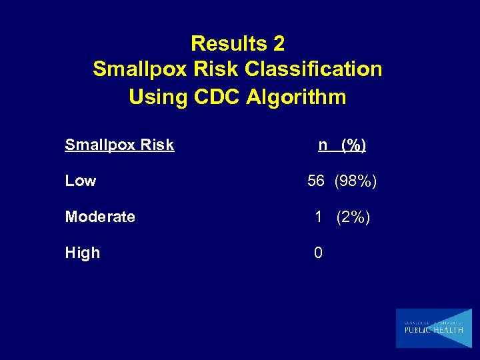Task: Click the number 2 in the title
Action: click(x=278, y=44)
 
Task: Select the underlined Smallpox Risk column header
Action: click(x=119, y=145)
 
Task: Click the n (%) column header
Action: click(x=342, y=145)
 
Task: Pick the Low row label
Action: click(x=81, y=181)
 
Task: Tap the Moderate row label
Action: click(x=100, y=217)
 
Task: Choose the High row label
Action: click(x=83, y=253)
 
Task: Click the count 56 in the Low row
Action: click(x=316, y=181)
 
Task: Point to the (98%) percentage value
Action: click(x=355, y=181)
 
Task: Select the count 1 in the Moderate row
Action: click(x=319, y=217)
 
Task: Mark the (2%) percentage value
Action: click(x=353, y=217)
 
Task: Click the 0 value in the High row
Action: click(x=319, y=253)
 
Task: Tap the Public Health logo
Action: click(x=433, y=328)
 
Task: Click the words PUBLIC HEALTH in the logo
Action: click(x=433, y=330)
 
